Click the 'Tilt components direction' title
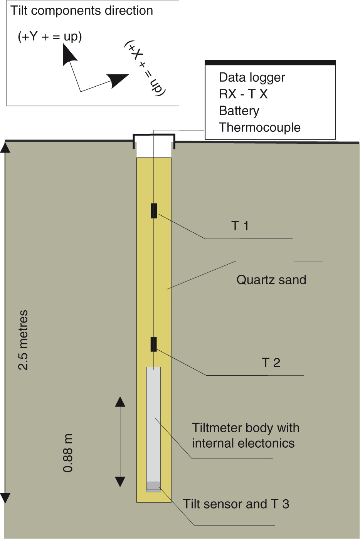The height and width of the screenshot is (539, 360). click(x=82, y=11)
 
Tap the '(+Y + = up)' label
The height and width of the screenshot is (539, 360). click(x=50, y=37)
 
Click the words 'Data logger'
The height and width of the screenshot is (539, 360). click(x=252, y=77)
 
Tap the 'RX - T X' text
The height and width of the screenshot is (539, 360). click(x=243, y=94)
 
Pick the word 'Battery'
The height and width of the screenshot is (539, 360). click(x=239, y=111)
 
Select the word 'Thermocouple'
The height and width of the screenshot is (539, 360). click(x=259, y=128)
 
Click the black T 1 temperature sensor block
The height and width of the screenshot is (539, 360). click(x=154, y=211)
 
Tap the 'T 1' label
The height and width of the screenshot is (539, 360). click(x=240, y=226)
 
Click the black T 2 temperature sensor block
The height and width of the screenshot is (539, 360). click(x=154, y=344)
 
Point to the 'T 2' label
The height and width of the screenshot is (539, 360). click(x=271, y=363)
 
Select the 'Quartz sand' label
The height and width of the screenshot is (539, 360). click(x=271, y=280)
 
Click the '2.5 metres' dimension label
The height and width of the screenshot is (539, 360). click(x=24, y=340)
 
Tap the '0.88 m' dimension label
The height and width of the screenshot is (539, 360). click(x=68, y=453)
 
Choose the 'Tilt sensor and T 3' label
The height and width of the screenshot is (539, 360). click(x=236, y=504)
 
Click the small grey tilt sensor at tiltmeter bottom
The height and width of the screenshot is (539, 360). click(x=153, y=486)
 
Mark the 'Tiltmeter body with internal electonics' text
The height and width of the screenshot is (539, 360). click(x=246, y=436)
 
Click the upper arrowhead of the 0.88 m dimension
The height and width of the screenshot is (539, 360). click(x=120, y=402)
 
